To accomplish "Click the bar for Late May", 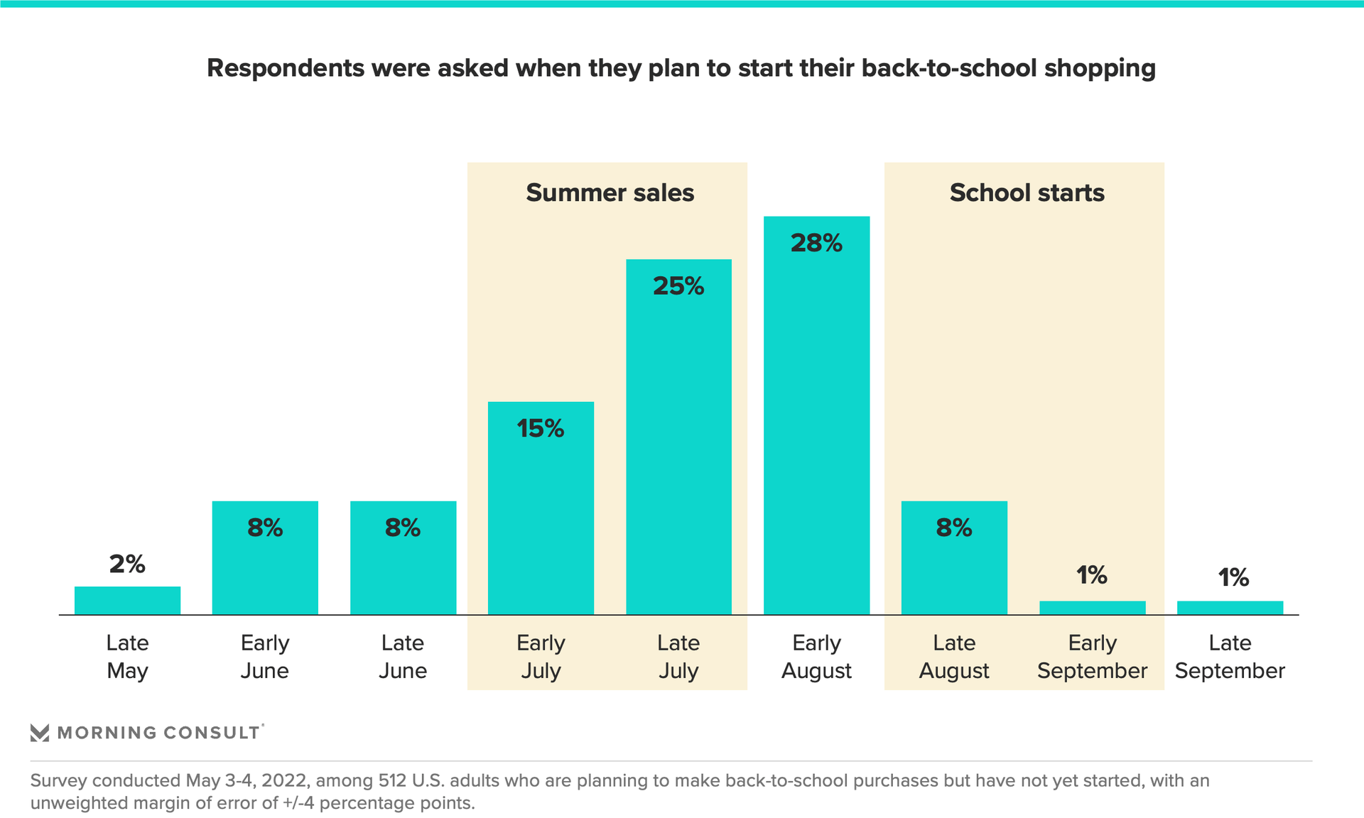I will tap(127, 600).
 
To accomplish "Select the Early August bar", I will tap(816, 426).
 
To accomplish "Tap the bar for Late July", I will tap(678, 447).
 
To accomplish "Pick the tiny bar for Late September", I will tap(1230, 608).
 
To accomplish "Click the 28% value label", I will tap(816, 244).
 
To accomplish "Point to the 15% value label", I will tap(541, 429).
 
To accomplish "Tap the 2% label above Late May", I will tap(127, 565).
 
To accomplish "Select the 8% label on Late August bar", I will tap(953, 528).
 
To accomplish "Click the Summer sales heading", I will tap(610, 193).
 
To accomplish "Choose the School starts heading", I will tap(1027, 193).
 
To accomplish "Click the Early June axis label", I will tap(265, 657).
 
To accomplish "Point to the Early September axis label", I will tap(1092, 657).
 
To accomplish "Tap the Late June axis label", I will tap(403, 657).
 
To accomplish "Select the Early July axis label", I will tap(541, 657).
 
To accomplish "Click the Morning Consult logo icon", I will tap(40, 733).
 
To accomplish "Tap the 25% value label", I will tap(678, 286).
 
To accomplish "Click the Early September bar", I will tap(1092, 608).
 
